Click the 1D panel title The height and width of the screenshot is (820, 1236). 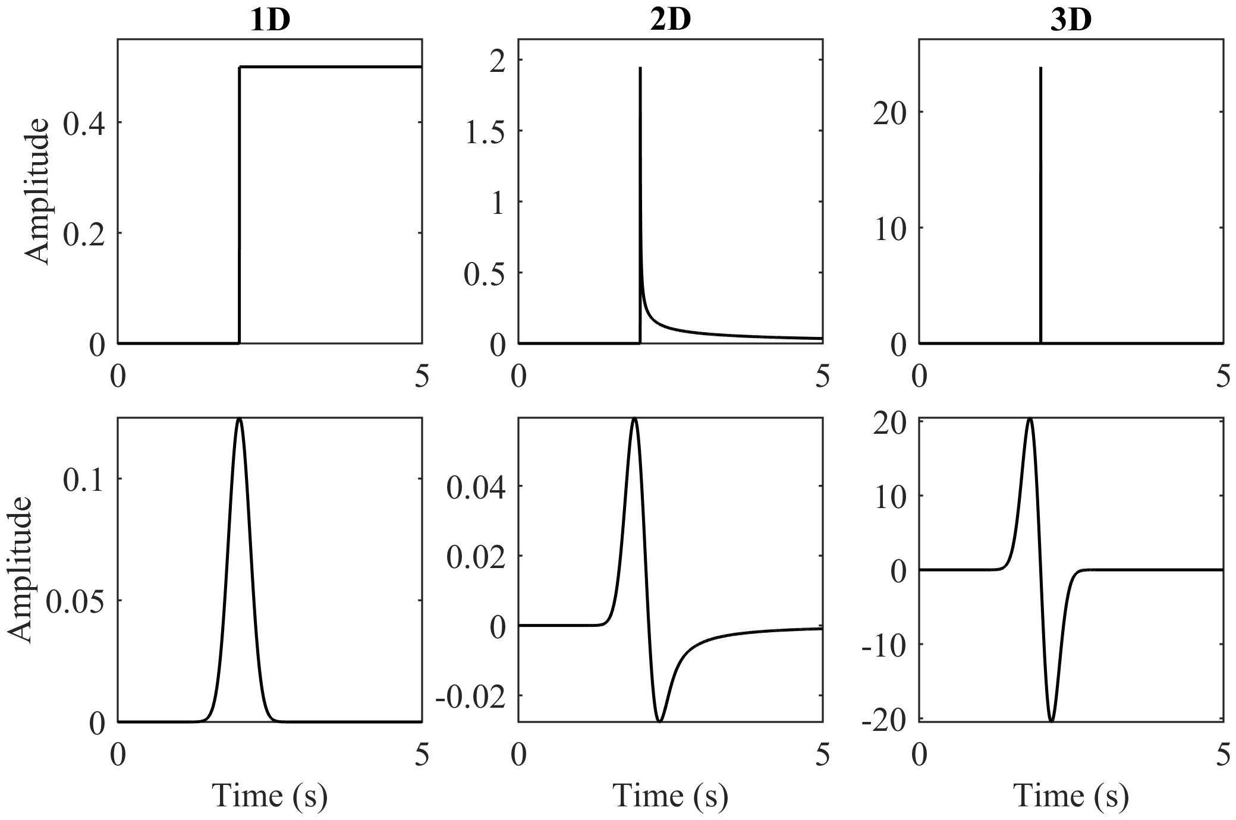pyautogui.click(x=270, y=21)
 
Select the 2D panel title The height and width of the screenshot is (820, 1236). pyautogui.click(x=670, y=21)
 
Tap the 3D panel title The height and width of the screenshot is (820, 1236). pyautogui.click(x=1071, y=21)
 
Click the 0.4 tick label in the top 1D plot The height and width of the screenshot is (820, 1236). pyautogui.click(x=84, y=122)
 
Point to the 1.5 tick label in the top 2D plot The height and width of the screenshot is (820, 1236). pyautogui.click(x=484, y=131)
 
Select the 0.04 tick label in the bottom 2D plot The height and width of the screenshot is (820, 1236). pyautogui.click(x=475, y=487)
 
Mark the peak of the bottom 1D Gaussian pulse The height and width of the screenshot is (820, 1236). pyautogui.click(x=239, y=419)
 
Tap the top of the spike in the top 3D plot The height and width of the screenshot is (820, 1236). pyautogui.click(x=1040, y=68)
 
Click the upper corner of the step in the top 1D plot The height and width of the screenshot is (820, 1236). pyautogui.click(x=240, y=67)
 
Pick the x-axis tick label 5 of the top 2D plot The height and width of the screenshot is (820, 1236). pyautogui.click(x=822, y=376)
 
